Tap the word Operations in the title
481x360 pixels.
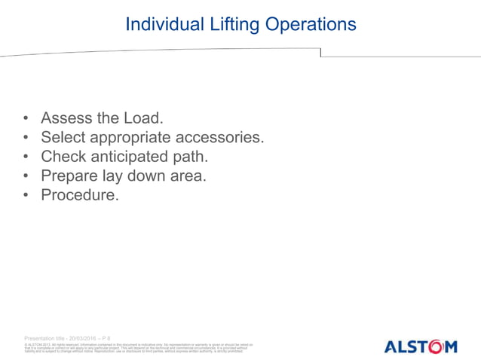click(309, 24)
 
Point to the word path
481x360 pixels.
click(191, 157)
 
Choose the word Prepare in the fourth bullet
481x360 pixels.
click(71, 177)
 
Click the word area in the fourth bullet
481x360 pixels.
click(187, 177)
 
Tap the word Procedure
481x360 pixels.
click(79, 196)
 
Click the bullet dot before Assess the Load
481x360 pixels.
click(26, 119)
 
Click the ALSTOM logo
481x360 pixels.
click(421, 346)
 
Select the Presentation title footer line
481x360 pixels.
click(68, 338)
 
